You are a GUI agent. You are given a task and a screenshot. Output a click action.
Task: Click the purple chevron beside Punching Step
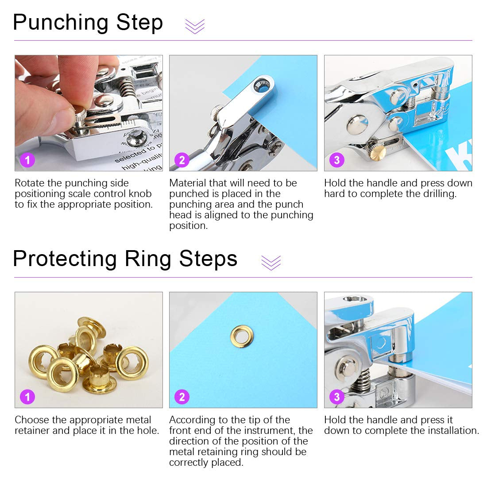pos(195,27)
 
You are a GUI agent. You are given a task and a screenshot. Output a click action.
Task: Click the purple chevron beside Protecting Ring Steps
pos(271,263)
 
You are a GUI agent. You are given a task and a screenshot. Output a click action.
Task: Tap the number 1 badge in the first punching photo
pos(27,159)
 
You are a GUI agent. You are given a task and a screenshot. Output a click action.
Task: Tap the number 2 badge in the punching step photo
pos(182,159)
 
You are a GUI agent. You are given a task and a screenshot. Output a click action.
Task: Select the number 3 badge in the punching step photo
pos(337,159)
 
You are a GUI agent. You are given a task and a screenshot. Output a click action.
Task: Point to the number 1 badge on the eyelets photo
pos(27,396)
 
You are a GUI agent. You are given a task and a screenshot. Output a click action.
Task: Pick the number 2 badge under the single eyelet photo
pos(182,396)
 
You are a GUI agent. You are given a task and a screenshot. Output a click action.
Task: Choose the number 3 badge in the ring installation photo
pos(337,396)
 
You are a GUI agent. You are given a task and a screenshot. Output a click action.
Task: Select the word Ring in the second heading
pos(147,259)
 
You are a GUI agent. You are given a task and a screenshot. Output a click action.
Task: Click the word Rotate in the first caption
pos(30,183)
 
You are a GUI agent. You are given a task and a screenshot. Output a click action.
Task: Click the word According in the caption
pos(191,420)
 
